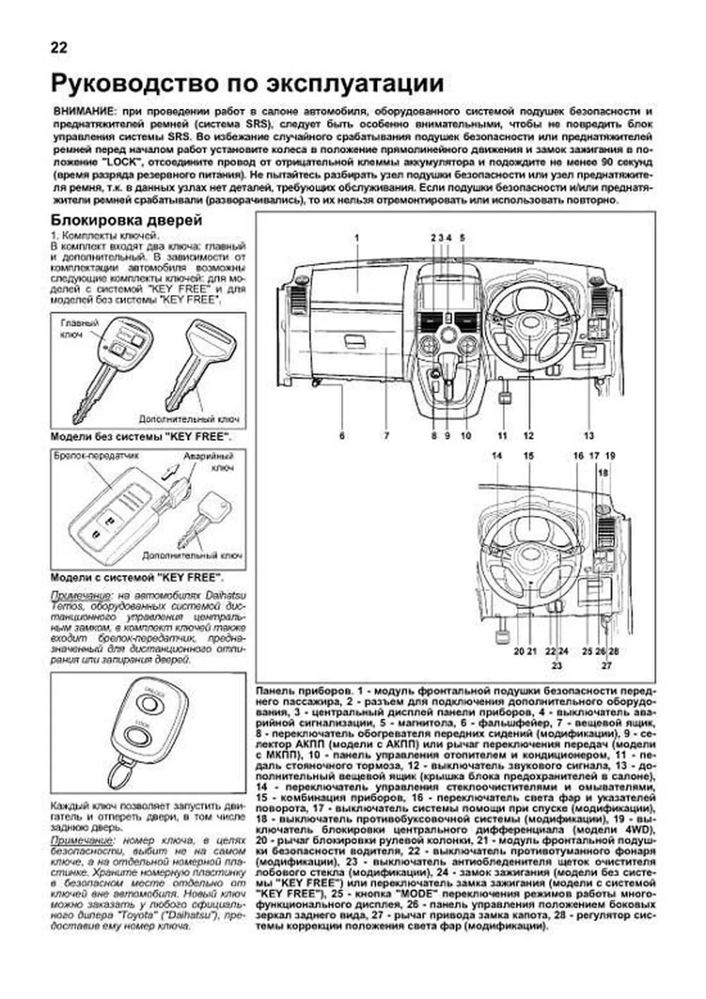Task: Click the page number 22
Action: tap(59, 48)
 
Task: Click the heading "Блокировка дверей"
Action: tap(126, 220)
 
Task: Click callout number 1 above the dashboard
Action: tap(357, 238)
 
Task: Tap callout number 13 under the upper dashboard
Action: tap(589, 436)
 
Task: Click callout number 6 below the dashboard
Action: tap(342, 436)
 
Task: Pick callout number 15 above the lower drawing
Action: tap(528, 456)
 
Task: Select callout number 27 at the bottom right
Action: tap(606, 666)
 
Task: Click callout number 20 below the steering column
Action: tap(518, 651)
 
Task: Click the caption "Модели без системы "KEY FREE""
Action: tap(140, 437)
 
